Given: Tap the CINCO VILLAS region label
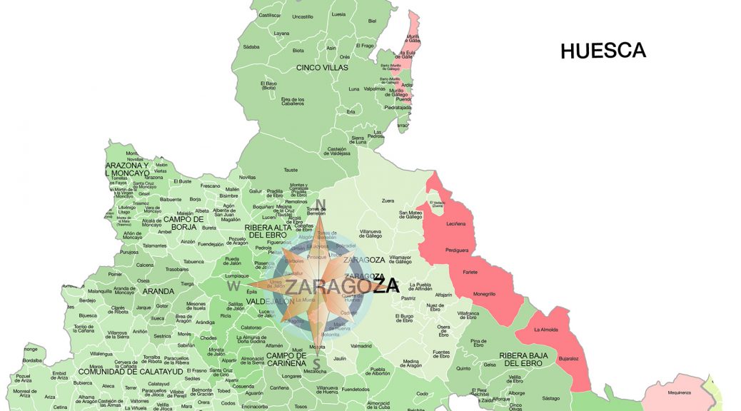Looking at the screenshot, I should point(322,68).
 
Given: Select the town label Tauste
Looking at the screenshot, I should point(291,170).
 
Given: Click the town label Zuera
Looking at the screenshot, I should point(388,201).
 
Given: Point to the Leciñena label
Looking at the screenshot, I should point(456,223).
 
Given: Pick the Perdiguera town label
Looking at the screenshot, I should point(457,251).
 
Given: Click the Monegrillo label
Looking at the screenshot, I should point(484,294).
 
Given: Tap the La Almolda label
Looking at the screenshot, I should point(546,330).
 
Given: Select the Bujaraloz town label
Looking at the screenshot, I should point(569,358).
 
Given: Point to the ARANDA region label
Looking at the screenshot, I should point(158,291).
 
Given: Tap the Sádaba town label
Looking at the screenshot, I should point(251,47).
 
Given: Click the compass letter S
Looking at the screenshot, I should point(316,363).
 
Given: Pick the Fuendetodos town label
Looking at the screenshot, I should point(356,390).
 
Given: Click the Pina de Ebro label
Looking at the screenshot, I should point(479,343).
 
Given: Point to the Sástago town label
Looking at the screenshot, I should point(551,398).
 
